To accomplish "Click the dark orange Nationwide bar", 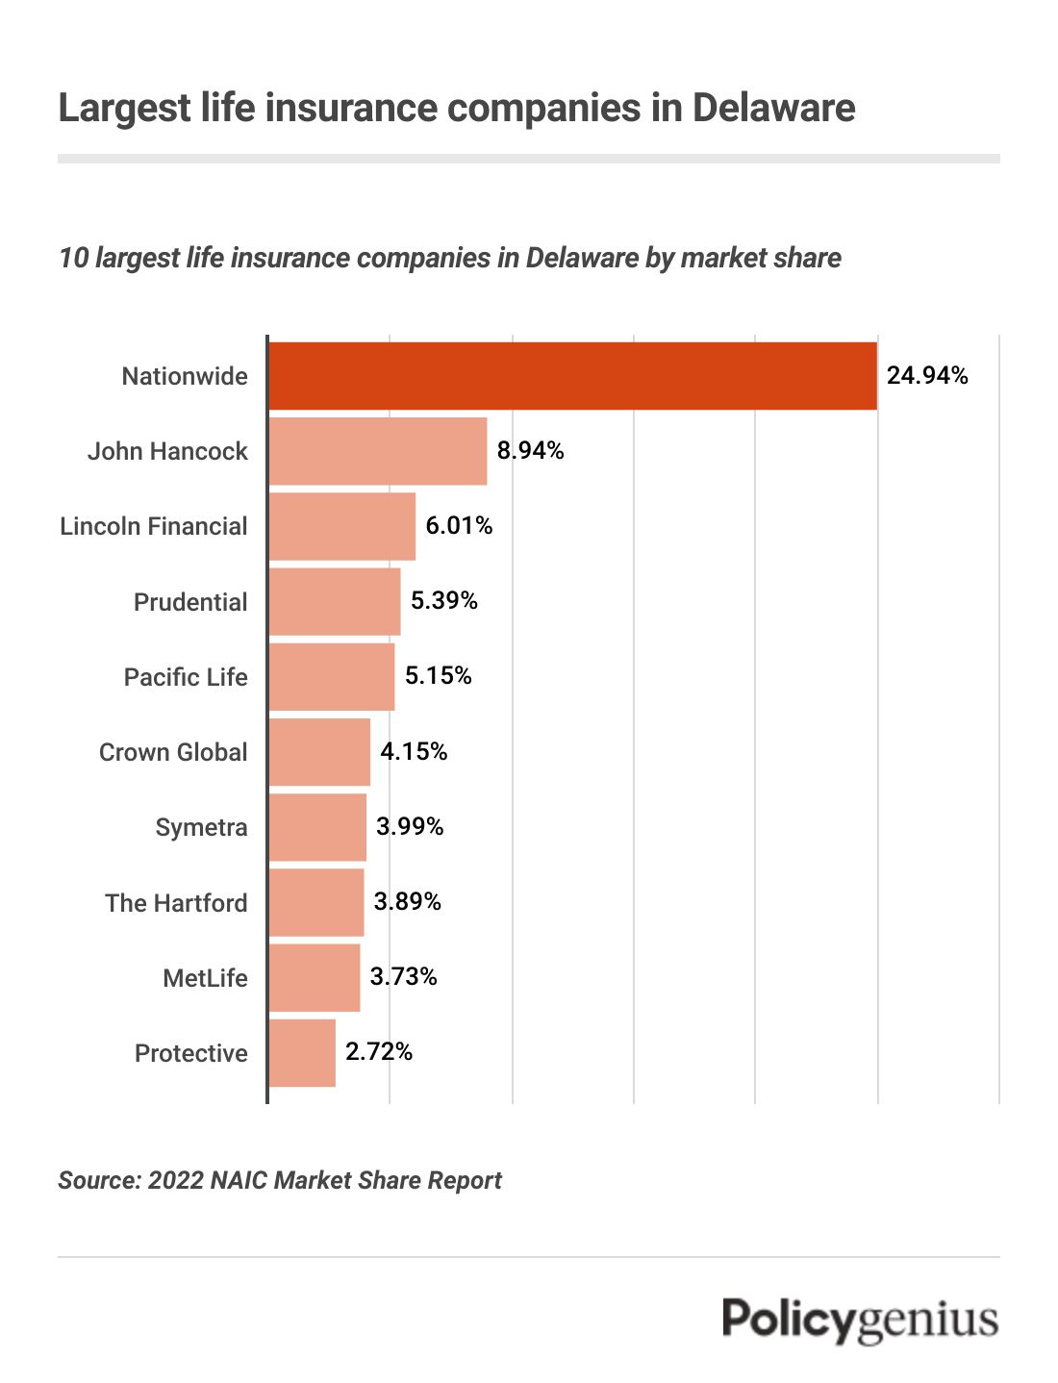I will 572,376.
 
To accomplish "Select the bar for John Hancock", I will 377,451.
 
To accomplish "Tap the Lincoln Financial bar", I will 341,526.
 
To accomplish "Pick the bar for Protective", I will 302,1053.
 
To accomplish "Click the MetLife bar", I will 315,978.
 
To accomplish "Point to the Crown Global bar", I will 319,752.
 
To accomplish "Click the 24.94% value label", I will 926,376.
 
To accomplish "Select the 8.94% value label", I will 530,451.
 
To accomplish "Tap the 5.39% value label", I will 443,601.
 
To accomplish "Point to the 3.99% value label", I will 410,827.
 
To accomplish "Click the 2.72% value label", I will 379,1052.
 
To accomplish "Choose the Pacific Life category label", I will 186,677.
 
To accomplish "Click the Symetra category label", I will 201,827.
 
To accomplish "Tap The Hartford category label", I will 176,903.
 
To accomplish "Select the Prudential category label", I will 190,602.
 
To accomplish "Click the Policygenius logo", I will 860,1320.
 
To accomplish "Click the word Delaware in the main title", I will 773,108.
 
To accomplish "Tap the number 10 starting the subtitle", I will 73,259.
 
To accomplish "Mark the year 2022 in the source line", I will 174,1180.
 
